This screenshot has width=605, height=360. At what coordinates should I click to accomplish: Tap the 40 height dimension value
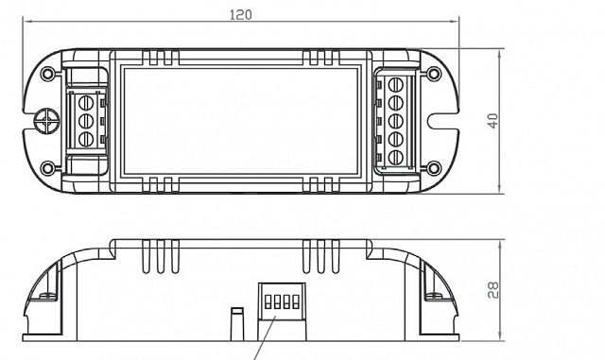point(493,121)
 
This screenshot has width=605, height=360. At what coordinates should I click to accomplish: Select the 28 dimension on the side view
point(493,289)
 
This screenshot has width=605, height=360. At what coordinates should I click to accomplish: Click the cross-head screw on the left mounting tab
point(43,121)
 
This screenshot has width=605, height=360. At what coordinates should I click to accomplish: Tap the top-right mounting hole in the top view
point(433,72)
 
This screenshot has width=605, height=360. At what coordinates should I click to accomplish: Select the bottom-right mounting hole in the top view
point(433,169)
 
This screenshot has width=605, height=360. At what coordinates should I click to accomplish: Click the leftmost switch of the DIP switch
point(268,303)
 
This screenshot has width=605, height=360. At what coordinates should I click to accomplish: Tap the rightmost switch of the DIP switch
point(296,303)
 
